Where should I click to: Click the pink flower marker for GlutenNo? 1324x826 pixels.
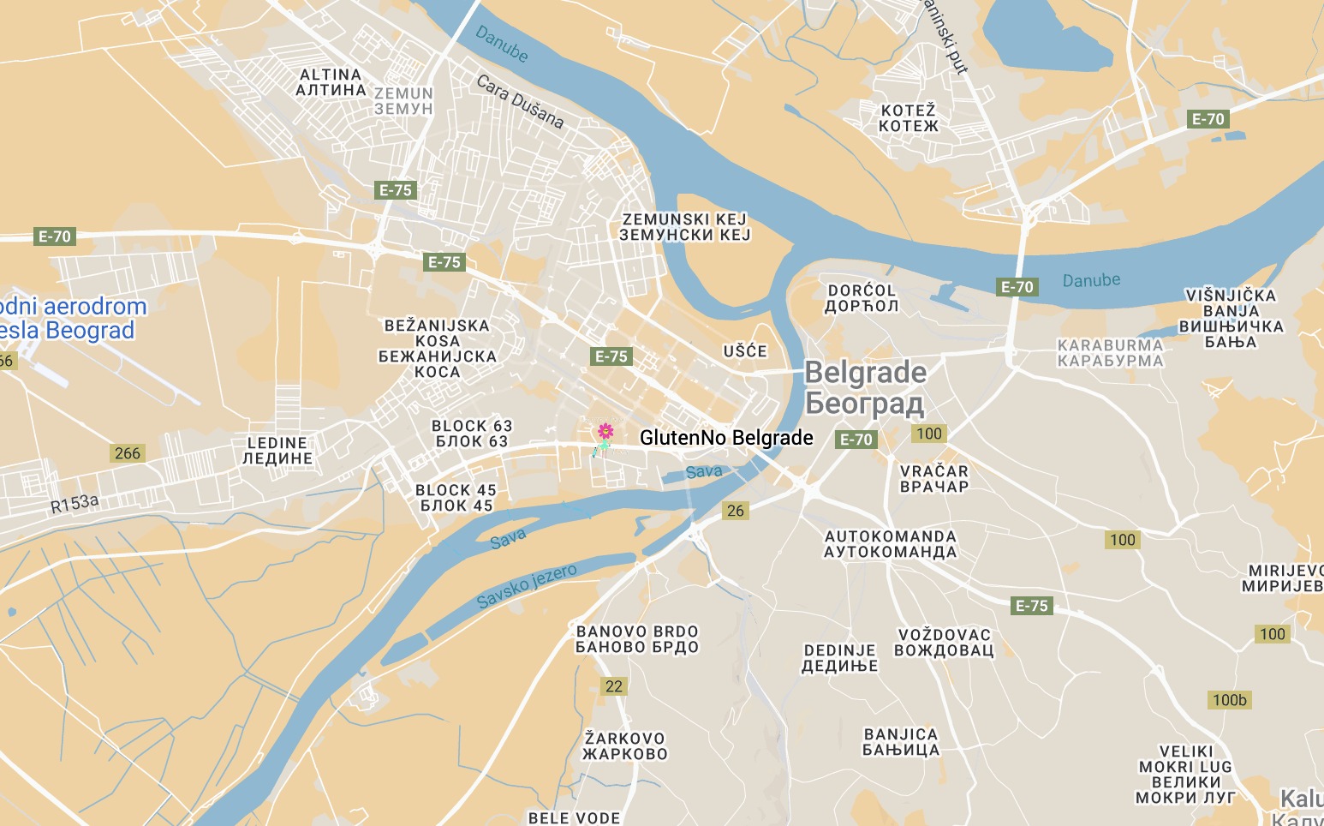(605, 431)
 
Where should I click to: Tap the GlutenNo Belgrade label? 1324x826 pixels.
(726, 438)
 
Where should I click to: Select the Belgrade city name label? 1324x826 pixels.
(865, 387)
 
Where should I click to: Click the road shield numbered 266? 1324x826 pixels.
(127, 453)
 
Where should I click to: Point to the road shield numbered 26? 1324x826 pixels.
(736, 511)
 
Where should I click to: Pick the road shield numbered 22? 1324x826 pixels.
(614, 685)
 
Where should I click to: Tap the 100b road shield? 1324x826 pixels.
(1229, 700)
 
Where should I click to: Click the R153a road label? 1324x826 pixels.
(75, 504)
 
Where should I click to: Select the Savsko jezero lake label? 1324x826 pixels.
(527, 586)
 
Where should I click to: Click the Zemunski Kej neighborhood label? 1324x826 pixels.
(684, 227)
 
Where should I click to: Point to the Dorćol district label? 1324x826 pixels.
(862, 298)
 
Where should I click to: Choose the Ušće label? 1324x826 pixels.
(745, 351)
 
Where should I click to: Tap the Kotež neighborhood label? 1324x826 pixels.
(909, 118)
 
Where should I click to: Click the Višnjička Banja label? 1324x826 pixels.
(1232, 319)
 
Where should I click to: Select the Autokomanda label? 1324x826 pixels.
(890, 544)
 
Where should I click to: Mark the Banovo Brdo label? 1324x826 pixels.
(637, 639)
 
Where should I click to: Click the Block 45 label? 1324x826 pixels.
(456, 498)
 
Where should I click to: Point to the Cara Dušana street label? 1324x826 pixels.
(520, 102)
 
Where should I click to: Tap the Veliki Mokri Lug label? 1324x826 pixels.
(1185, 775)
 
